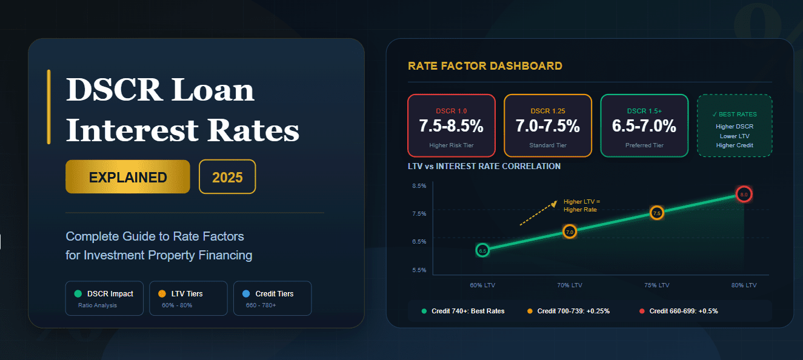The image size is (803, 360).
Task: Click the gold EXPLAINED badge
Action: click(128, 177)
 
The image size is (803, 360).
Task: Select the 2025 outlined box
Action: click(227, 177)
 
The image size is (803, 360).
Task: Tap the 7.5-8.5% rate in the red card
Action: click(451, 126)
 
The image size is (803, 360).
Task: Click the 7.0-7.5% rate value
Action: click(547, 126)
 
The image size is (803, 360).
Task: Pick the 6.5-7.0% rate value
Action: click(644, 126)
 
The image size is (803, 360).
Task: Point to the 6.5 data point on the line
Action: click(482, 250)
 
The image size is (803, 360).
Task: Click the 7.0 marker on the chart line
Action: click(570, 232)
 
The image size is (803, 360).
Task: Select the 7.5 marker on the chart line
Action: click(657, 213)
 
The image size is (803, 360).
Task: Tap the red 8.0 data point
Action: click(744, 194)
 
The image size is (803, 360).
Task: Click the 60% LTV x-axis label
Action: click(483, 285)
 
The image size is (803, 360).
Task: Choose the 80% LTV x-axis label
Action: click(744, 285)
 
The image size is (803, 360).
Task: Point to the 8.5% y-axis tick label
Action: click(419, 185)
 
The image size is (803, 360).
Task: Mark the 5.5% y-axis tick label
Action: click(419, 270)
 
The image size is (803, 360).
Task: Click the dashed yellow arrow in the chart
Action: click(538, 213)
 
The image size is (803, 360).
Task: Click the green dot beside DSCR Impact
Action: click(78, 293)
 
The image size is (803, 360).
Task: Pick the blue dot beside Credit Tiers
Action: click(246, 293)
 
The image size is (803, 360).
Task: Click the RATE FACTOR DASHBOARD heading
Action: click(485, 66)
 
